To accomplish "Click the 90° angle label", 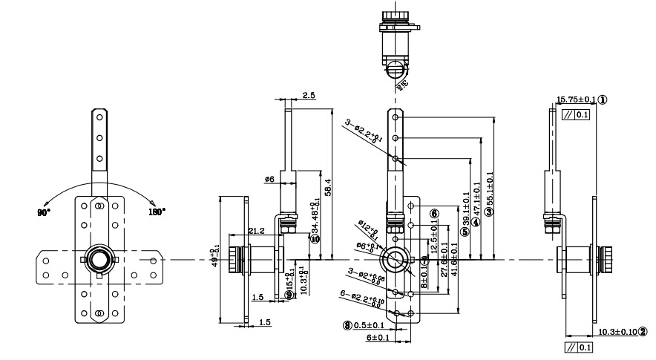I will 43,212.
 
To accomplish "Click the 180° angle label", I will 157,211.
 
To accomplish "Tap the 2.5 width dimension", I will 309,96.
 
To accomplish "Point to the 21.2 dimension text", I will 258,231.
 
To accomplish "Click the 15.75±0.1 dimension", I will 577,99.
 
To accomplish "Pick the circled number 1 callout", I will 603,99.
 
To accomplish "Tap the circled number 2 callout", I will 643,332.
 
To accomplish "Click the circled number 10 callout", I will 315,239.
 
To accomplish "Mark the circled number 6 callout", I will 434,212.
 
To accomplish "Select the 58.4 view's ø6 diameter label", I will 269,179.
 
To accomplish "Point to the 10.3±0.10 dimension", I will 616,332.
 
